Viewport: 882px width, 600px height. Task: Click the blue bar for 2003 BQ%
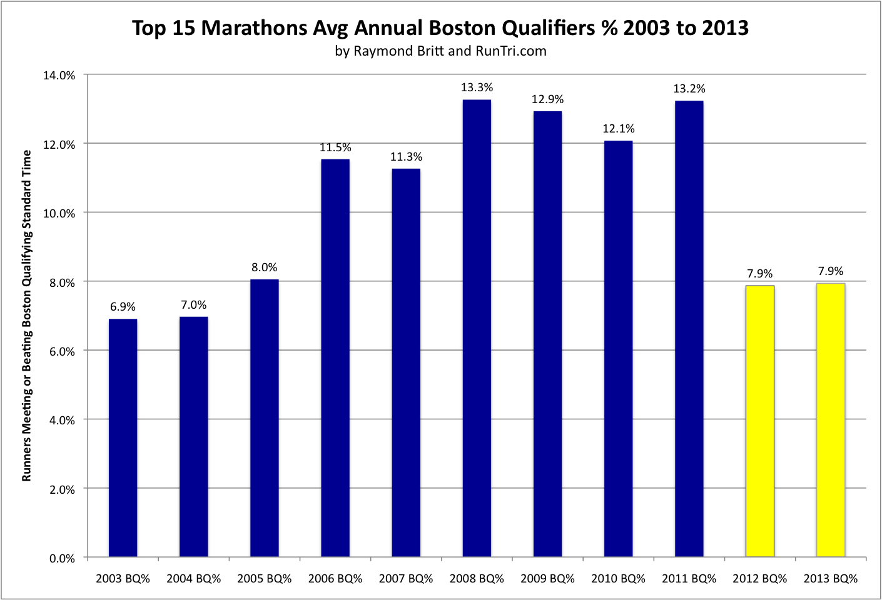(x=123, y=437)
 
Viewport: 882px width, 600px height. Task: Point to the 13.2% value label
(x=689, y=89)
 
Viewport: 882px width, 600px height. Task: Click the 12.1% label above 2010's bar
(x=618, y=129)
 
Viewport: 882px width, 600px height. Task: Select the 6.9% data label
(x=123, y=307)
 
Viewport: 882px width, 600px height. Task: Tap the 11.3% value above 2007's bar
(x=406, y=157)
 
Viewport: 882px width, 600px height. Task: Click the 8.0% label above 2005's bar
(x=264, y=267)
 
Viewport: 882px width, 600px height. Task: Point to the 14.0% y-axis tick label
(x=59, y=75)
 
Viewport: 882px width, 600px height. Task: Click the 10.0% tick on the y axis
(x=59, y=213)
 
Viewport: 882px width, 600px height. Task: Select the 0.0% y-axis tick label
(x=61, y=558)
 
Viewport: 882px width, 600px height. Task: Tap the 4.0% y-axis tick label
(x=61, y=420)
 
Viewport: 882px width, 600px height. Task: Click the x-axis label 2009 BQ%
(x=547, y=579)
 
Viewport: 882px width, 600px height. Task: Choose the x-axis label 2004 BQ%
(x=193, y=579)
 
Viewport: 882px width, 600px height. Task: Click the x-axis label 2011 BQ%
(x=689, y=579)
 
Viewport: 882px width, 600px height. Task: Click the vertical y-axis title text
(x=26, y=316)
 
